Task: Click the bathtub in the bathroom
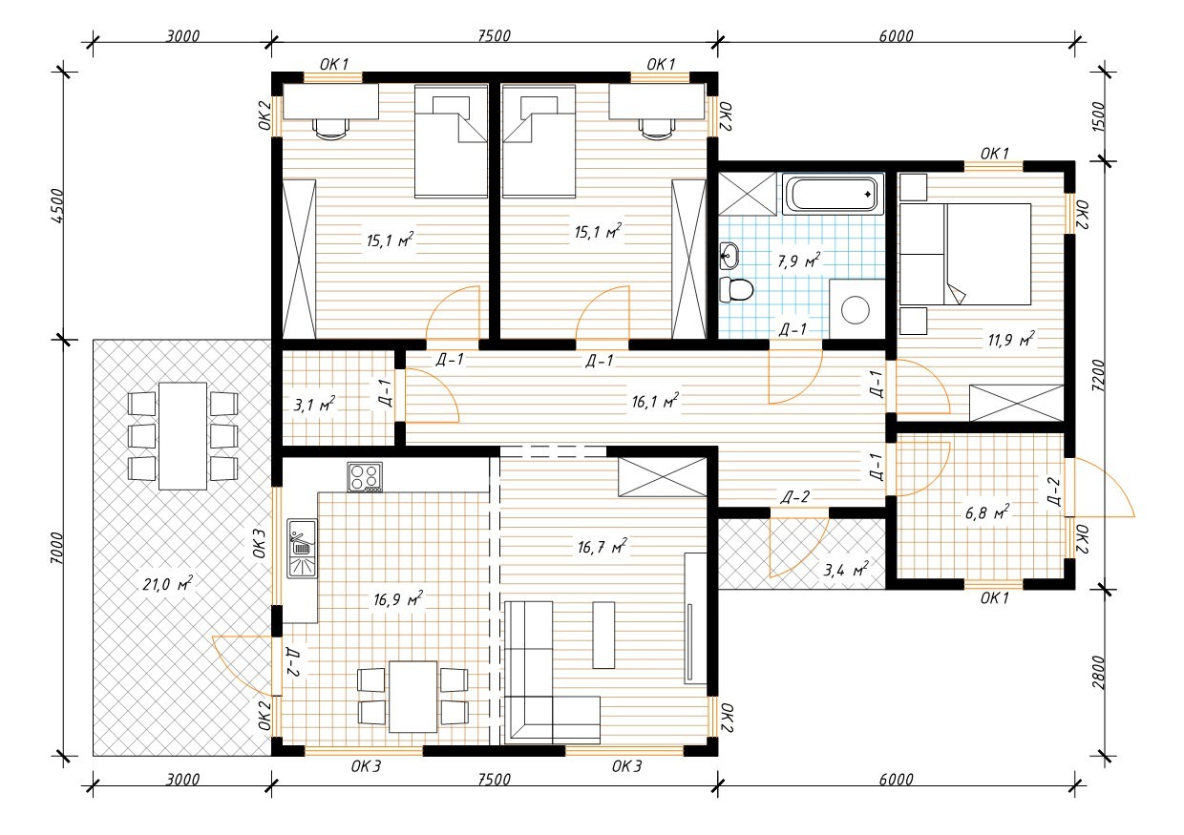(x=833, y=196)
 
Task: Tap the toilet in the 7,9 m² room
(x=736, y=290)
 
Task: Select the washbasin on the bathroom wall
(x=729, y=257)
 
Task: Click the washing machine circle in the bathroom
(x=856, y=310)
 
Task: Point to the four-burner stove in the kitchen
(x=365, y=477)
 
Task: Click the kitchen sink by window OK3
(x=303, y=548)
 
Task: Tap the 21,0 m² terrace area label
(x=167, y=584)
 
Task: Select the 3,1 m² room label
(x=314, y=405)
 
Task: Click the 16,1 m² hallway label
(x=655, y=402)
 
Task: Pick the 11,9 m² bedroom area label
(x=1010, y=340)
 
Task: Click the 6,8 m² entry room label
(x=987, y=512)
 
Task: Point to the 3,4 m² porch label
(x=846, y=570)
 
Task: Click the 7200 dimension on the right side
(x=1098, y=376)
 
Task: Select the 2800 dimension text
(x=1098, y=673)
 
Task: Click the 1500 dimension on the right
(x=1098, y=116)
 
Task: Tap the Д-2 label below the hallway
(x=795, y=497)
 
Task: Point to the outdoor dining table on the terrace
(x=183, y=436)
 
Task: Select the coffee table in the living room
(x=603, y=636)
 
